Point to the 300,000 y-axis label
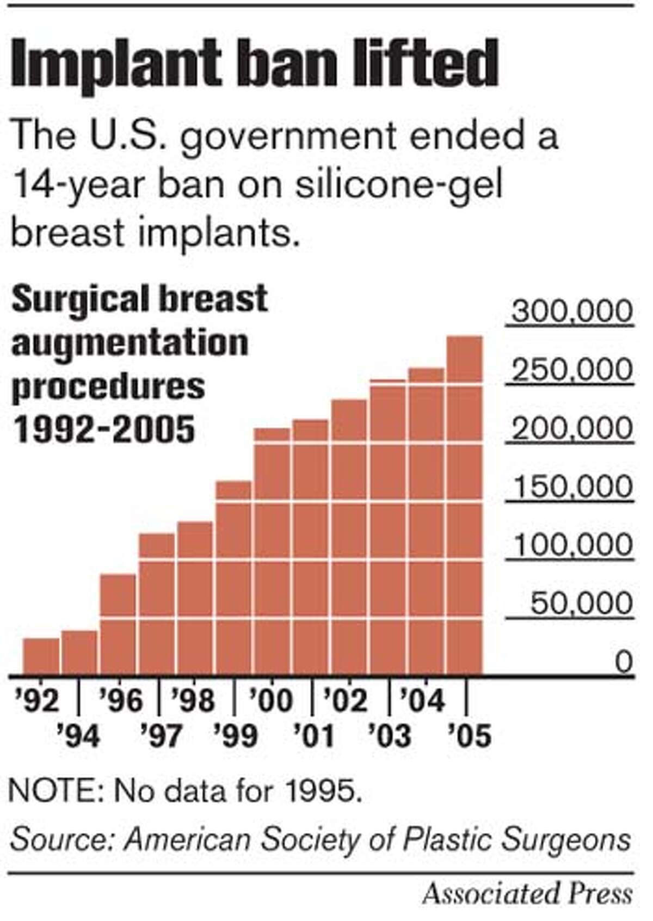pos(572,312)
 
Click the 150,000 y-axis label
pos(572,487)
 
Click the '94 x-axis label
pos(79,736)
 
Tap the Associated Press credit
pos(527,894)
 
